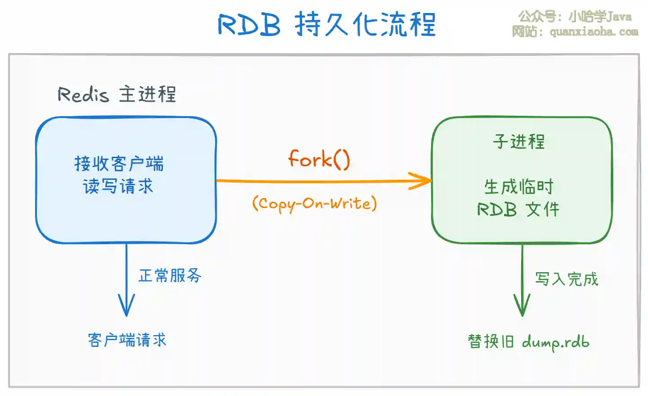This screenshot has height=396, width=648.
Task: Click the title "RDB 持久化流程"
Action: pos(327,24)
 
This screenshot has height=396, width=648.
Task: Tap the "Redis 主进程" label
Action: pos(117,95)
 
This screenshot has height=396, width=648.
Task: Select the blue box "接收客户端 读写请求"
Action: pos(126,180)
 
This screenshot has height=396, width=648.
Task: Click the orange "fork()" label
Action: pos(319,159)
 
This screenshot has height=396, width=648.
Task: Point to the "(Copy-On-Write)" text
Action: pos(314,204)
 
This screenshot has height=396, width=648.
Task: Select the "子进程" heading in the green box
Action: pos(518,141)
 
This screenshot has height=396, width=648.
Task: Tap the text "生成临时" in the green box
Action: pos(518,187)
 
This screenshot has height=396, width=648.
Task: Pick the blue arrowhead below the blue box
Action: pos(126,306)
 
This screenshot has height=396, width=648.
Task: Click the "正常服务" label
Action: pos(170,275)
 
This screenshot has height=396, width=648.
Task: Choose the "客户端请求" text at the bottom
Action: pos(127,340)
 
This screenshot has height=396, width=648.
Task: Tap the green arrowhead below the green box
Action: pos(522,306)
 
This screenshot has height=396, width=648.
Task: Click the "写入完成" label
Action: pos(567,279)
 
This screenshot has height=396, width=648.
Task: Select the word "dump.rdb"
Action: pos(555,342)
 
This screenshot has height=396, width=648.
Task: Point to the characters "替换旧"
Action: pos(490,341)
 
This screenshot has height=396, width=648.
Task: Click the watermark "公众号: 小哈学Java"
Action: pos(575,17)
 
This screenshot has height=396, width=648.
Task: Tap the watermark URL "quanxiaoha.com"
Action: pos(594,32)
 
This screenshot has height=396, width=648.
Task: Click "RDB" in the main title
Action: pos(249,24)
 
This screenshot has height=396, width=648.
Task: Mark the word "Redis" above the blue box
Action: pos(83,95)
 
